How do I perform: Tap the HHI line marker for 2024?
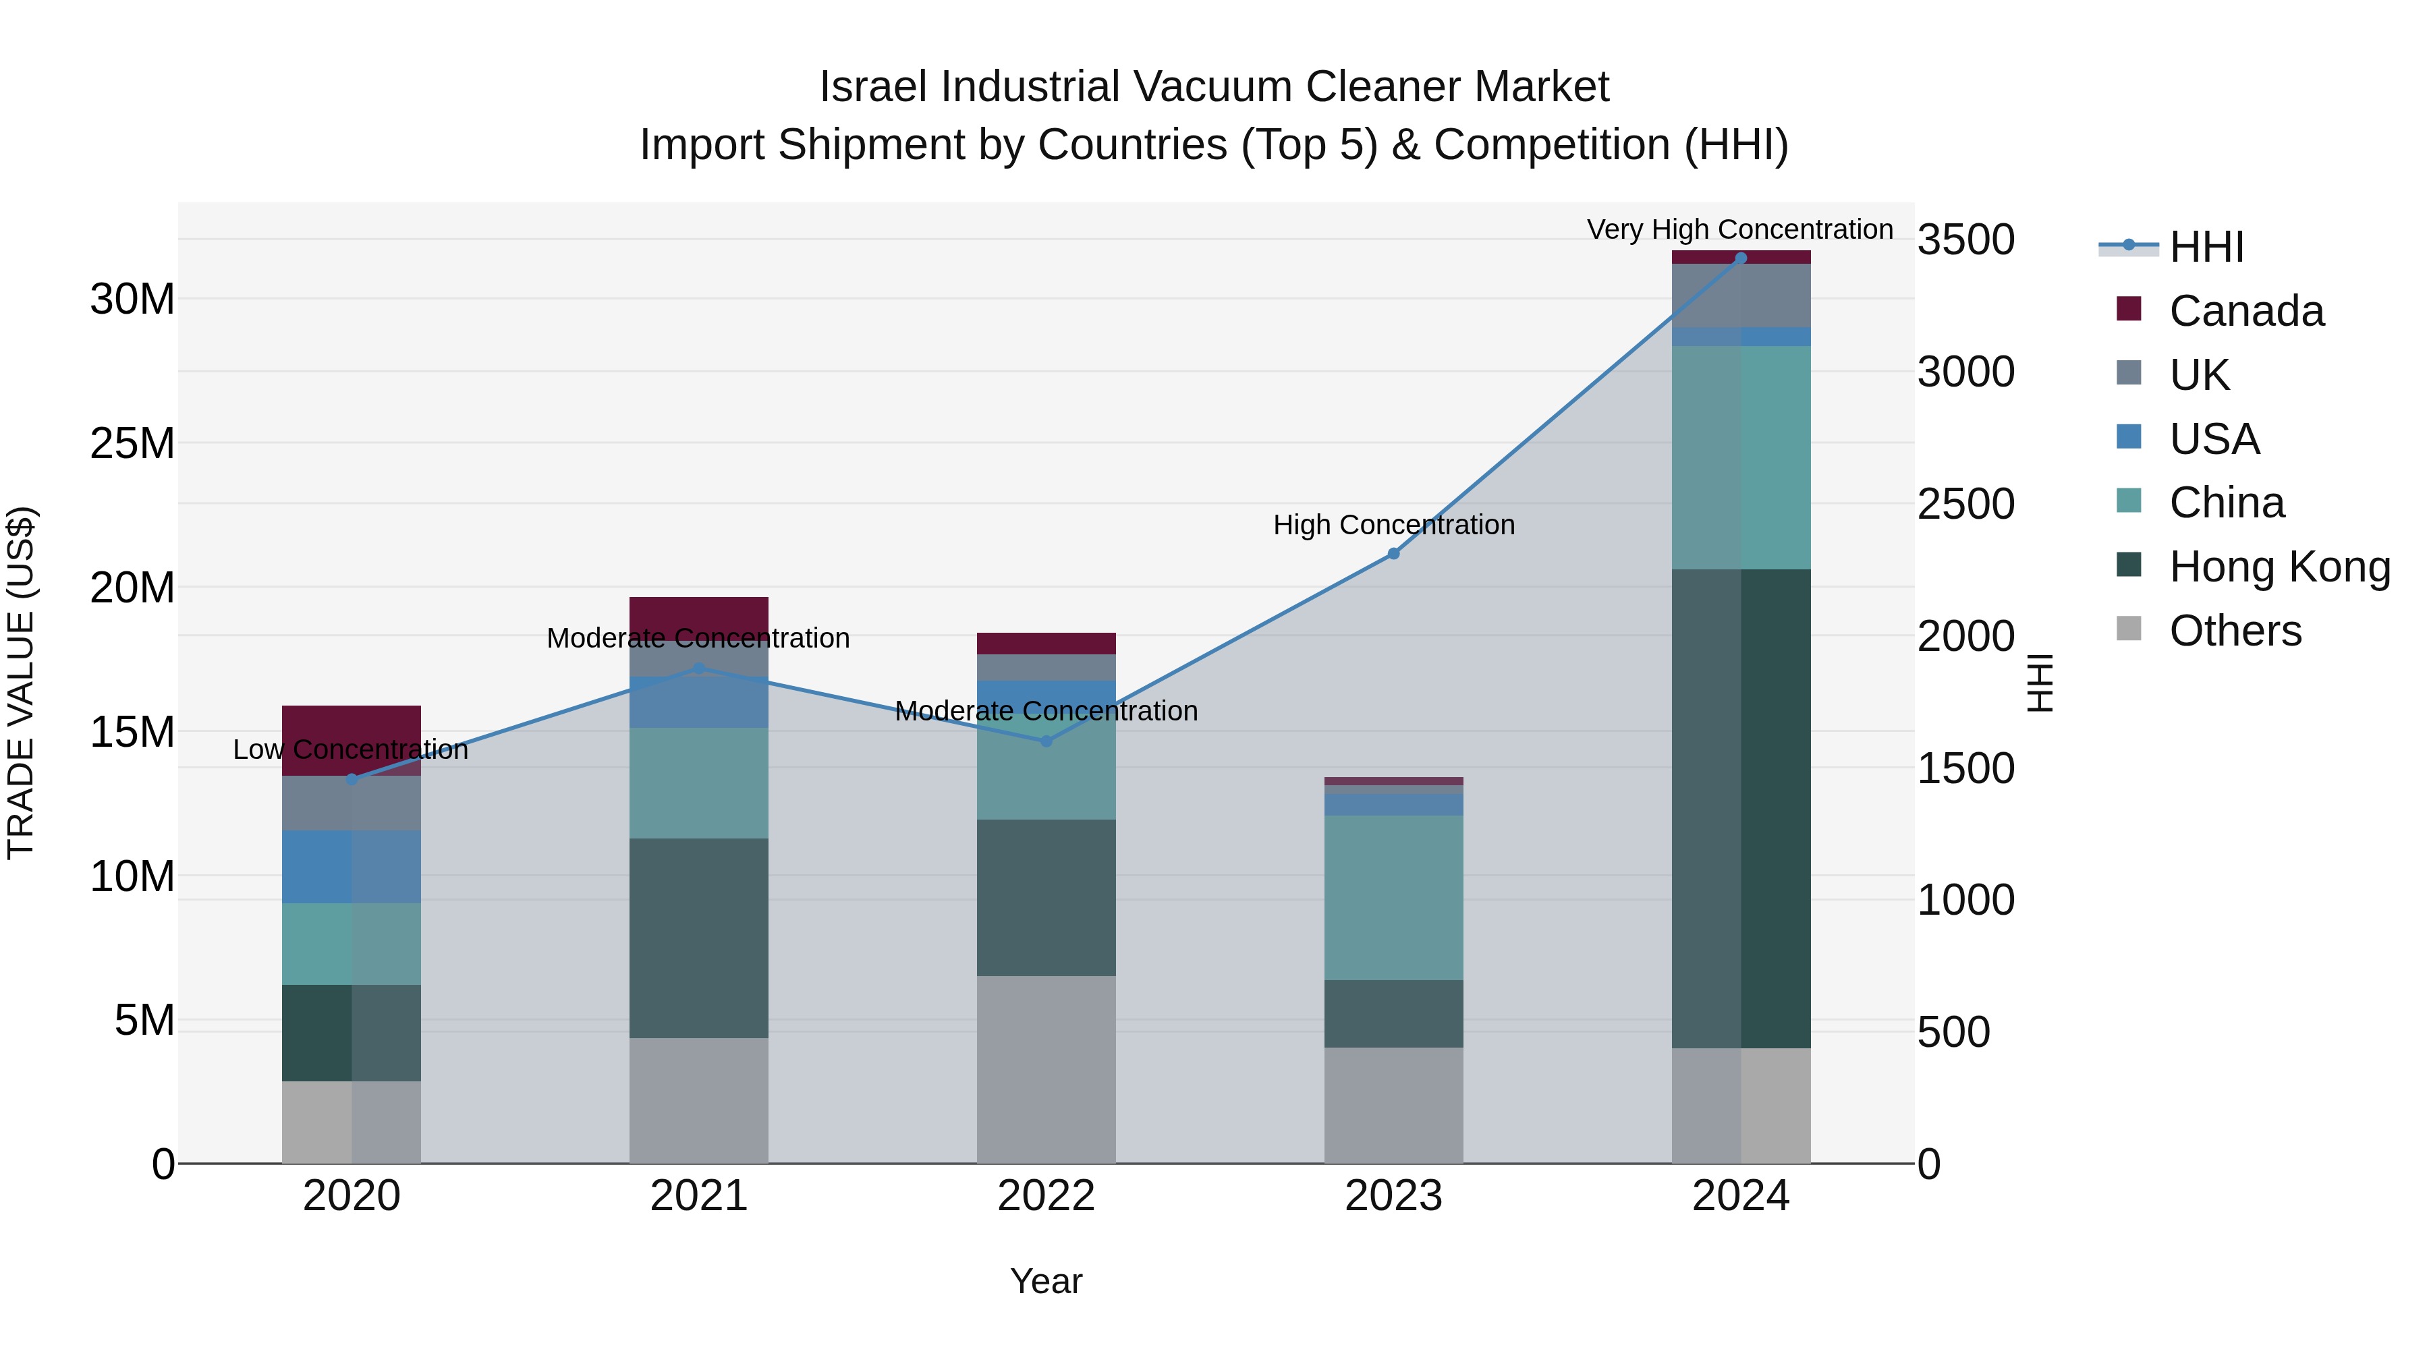1741,258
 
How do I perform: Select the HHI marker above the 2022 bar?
1046,741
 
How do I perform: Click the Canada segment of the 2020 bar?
351,740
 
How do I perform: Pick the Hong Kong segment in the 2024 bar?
1741,808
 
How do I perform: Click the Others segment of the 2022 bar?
1046,1069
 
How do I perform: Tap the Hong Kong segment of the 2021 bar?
699,938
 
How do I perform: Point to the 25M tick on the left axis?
132,443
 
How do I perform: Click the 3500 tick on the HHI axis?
1966,239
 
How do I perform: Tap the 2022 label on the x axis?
1046,1196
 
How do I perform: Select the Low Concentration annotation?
351,749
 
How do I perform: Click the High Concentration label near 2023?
1394,524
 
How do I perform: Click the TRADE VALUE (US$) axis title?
21,683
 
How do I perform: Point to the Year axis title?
1046,1281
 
